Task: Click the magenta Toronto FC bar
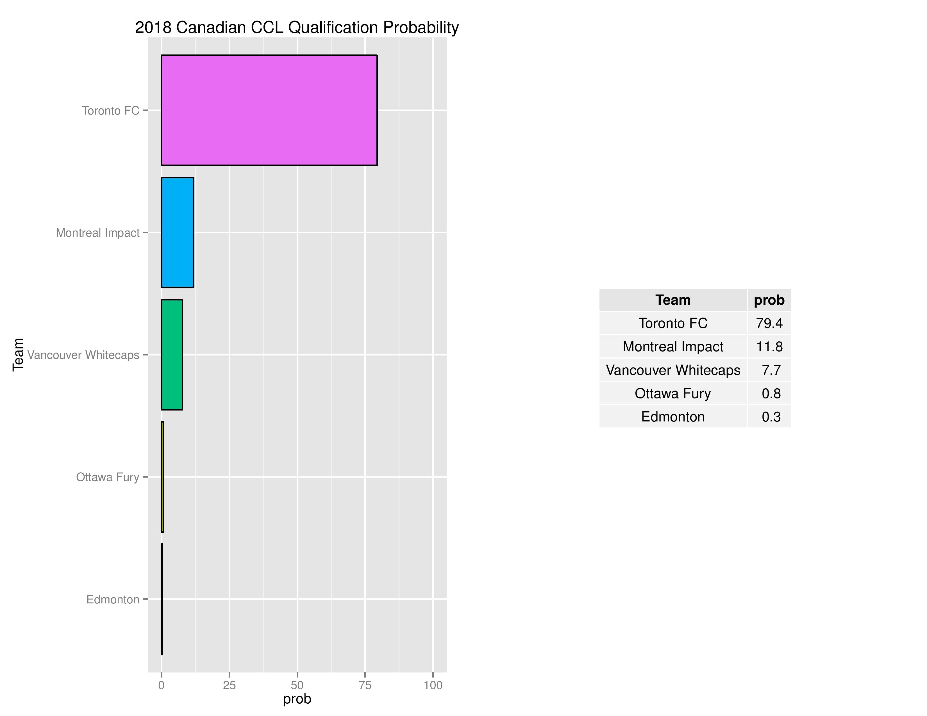coord(269,110)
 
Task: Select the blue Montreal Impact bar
coord(178,232)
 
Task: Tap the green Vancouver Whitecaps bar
coord(172,355)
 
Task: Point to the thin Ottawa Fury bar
coord(163,477)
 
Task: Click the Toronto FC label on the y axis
coord(111,111)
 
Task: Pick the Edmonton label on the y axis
coord(113,599)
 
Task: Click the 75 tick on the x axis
coord(365,685)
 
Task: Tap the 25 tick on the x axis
coord(229,685)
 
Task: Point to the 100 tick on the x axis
coord(433,685)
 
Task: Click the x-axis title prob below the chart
coord(297,699)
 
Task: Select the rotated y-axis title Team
coord(18,355)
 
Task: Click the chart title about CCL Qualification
coord(297,28)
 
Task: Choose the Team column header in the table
coord(673,300)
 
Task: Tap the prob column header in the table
coord(769,300)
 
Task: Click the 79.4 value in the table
coord(769,323)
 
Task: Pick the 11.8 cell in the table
coord(769,346)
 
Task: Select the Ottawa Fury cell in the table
coord(673,393)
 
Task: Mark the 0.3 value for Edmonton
coord(771,416)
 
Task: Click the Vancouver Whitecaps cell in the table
coord(673,370)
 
